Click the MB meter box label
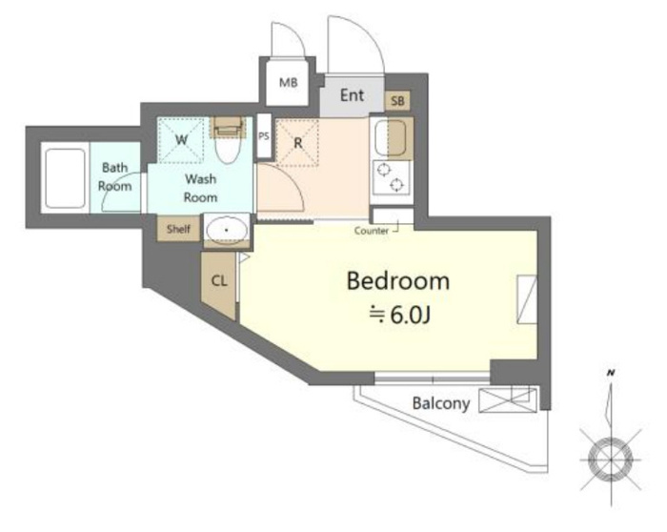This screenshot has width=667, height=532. tap(288, 83)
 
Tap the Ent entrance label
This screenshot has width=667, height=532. tap(352, 95)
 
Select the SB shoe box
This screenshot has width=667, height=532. tap(397, 101)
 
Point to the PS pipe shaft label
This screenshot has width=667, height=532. tap(264, 136)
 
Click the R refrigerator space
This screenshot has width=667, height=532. tap(297, 143)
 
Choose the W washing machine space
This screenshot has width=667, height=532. tap(181, 140)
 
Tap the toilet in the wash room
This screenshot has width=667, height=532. tap(228, 139)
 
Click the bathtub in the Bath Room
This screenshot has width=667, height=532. tap(65, 178)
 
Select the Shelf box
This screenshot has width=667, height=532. tap(178, 229)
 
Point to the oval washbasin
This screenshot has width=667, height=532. tap(227, 231)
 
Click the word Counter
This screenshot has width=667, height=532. tap(372, 231)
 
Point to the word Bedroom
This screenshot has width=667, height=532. tap(398, 281)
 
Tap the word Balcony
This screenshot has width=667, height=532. tap(441, 403)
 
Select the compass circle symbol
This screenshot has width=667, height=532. tap(611, 460)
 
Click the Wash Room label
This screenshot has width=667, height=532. tap(200, 188)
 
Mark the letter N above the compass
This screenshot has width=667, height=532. tap(611, 373)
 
